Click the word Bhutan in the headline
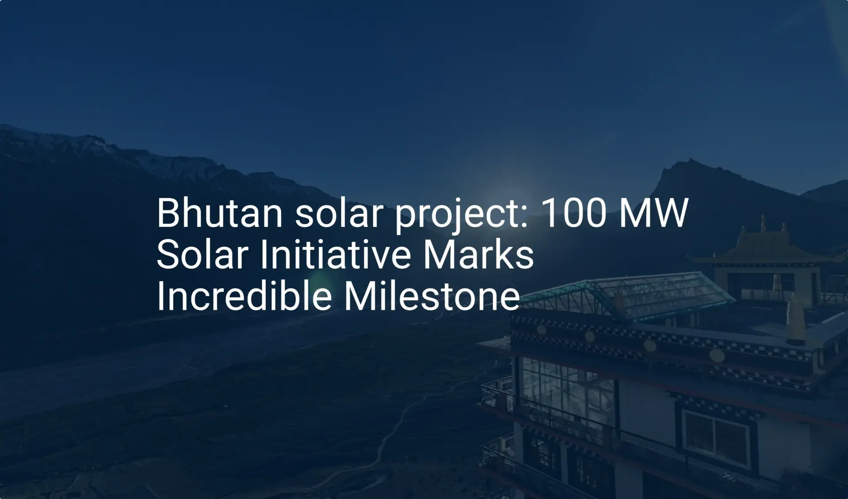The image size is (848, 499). click(220, 213)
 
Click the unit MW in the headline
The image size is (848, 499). click(653, 213)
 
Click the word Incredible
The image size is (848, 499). click(244, 296)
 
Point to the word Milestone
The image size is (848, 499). click(432, 296)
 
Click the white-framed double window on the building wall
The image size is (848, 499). click(716, 438)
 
